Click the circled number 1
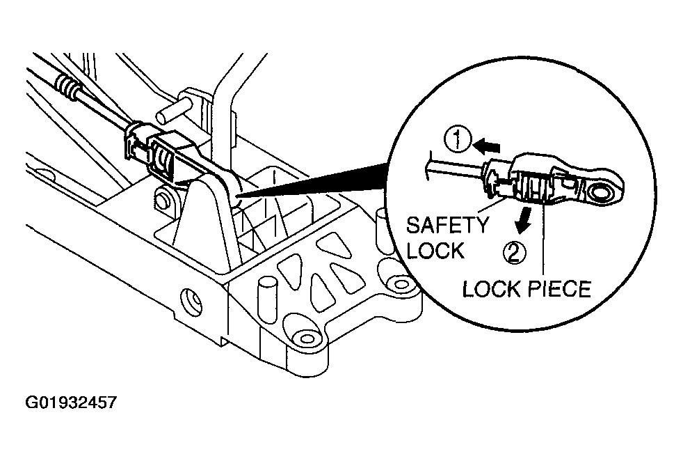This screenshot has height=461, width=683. point(458,141)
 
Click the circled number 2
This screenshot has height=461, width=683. point(515,252)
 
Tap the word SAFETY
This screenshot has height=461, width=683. point(447,225)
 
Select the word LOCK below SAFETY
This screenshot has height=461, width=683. point(435,251)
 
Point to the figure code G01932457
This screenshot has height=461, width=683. point(71,402)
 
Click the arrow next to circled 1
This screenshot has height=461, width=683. point(487,146)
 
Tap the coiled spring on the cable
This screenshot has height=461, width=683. point(68,85)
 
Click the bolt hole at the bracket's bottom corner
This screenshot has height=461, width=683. point(306,338)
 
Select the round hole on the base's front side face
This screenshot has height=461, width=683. point(191,299)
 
